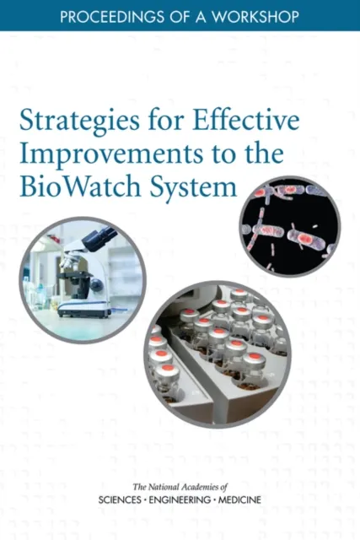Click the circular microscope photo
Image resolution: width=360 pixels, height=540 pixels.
(x=83, y=279)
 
